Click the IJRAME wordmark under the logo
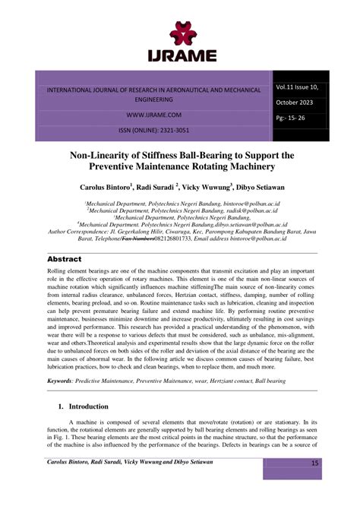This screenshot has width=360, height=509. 181,55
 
